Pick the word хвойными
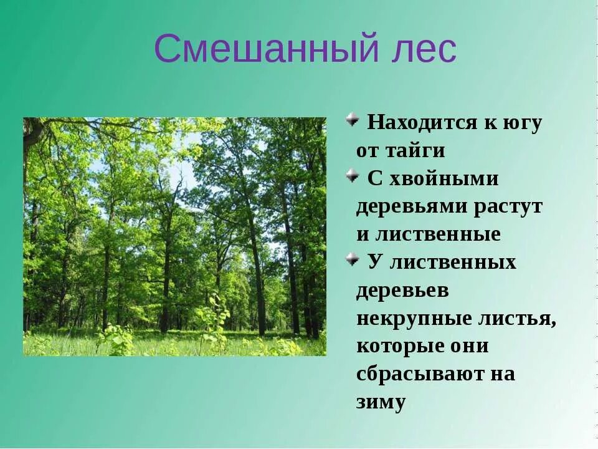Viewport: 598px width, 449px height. [x=444, y=179]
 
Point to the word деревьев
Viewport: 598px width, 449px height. [x=402, y=291]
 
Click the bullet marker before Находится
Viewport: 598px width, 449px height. [x=353, y=118]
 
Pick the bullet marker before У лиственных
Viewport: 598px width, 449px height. [x=353, y=258]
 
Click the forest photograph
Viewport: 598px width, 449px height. [x=174, y=237]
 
